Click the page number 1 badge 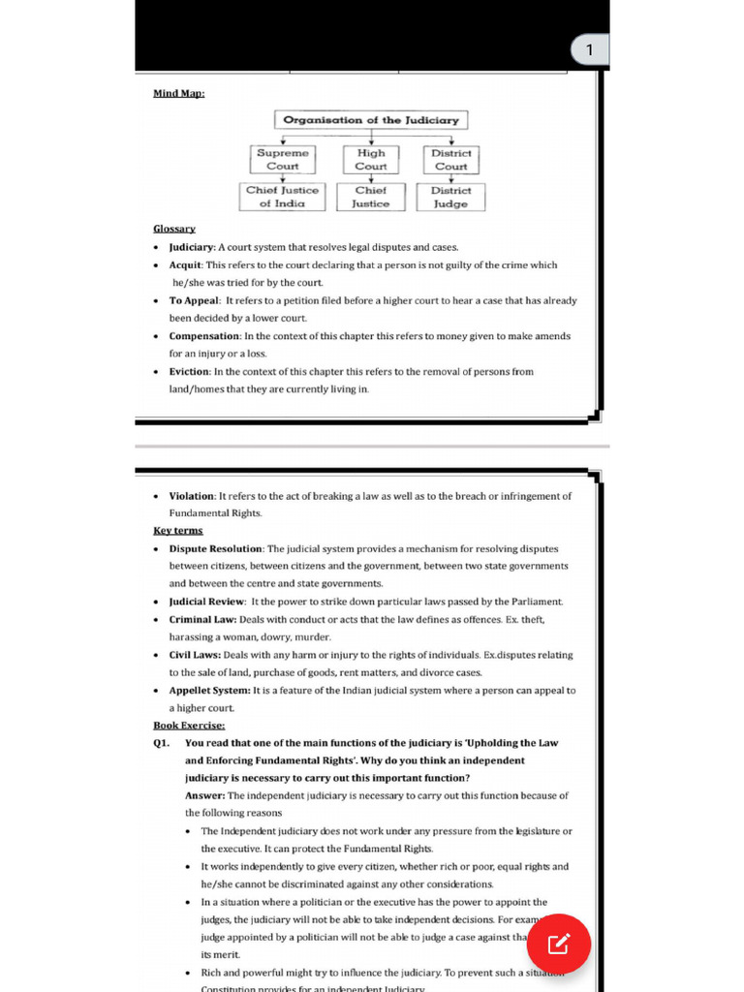point(589,50)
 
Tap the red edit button point(559,944)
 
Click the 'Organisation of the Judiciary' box point(371,120)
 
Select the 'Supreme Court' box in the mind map point(283,160)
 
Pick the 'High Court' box point(371,160)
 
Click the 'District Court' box point(450,160)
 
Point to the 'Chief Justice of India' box point(282,197)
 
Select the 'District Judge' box point(450,197)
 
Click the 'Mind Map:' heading point(178,94)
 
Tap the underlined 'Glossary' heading point(174,229)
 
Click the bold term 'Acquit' point(185,264)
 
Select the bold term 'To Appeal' point(195,300)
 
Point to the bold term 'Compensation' point(204,336)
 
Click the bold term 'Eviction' point(189,372)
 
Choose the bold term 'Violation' point(192,496)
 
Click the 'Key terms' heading point(178,531)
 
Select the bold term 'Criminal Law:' point(202,619)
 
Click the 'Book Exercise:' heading point(189,725)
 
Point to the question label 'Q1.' point(162,743)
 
